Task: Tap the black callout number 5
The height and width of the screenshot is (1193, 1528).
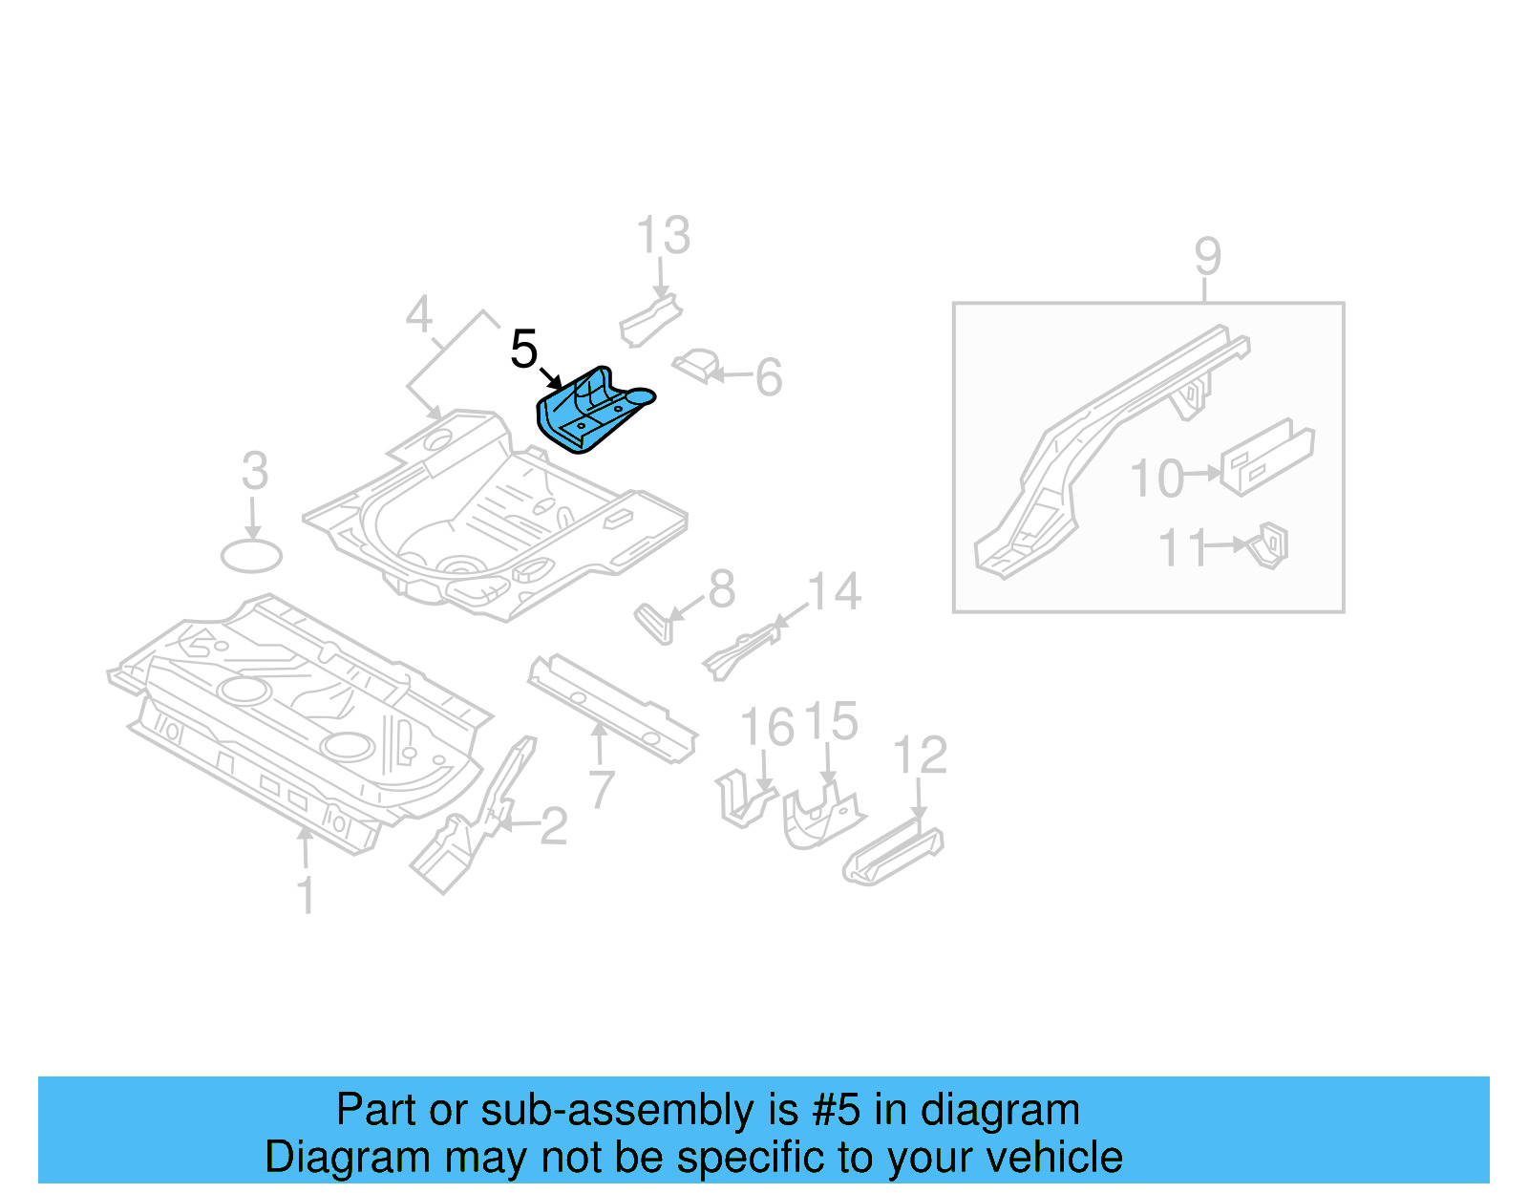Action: (524, 349)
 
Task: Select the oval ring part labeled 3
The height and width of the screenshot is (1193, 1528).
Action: (251, 556)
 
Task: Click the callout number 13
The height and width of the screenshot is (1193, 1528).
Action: (663, 236)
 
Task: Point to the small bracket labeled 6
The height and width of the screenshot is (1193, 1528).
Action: (697, 365)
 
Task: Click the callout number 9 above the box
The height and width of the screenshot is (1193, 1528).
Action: (1207, 257)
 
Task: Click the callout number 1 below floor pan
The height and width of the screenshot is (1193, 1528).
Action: (306, 896)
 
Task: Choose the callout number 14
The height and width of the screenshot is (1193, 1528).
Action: (834, 592)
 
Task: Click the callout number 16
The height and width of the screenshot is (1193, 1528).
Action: (766, 728)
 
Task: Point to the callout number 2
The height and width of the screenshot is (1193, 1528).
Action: (554, 826)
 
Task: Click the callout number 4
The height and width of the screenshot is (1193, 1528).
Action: (419, 315)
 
